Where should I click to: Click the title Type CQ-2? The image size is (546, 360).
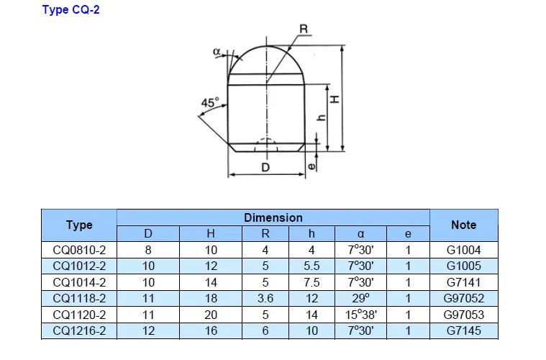tap(70, 9)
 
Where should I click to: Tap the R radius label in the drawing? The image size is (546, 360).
tap(304, 29)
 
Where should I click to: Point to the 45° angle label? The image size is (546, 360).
tap(210, 102)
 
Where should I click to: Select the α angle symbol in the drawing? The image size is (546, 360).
tap(217, 52)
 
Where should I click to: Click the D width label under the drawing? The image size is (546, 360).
tap(265, 168)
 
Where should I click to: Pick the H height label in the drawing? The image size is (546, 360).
tap(335, 99)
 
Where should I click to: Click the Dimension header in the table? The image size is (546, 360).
tap(273, 218)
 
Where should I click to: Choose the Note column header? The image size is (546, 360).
tap(463, 225)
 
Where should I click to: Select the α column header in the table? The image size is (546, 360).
tap(360, 233)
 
